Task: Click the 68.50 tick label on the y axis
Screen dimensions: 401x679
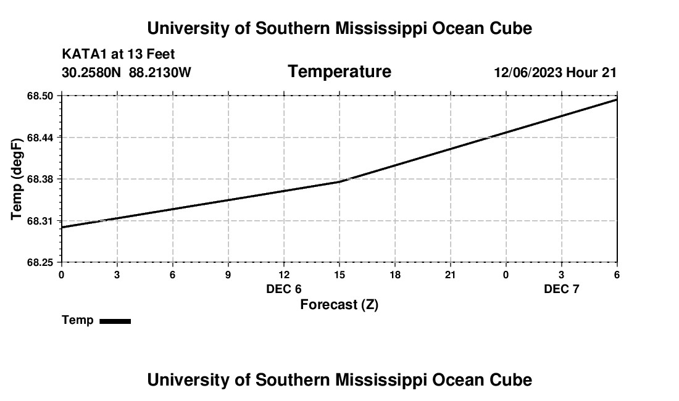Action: click(41, 96)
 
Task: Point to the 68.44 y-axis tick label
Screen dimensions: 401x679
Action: click(41, 137)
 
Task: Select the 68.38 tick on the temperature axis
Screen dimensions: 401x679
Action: click(41, 179)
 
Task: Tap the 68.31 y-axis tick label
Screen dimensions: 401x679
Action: click(41, 221)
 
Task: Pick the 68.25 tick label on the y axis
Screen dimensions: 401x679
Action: click(41, 263)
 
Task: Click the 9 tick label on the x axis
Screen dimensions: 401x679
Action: click(228, 275)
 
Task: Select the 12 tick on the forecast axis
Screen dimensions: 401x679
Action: click(284, 275)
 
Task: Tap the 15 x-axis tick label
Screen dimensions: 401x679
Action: click(339, 275)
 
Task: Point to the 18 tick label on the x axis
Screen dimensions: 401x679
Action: click(395, 275)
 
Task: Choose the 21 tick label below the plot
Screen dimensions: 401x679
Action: click(451, 275)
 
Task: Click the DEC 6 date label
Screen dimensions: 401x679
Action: click(284, 289)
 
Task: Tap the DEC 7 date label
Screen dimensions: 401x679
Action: click(562, 289)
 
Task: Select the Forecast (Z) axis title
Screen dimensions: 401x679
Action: click(339, 305)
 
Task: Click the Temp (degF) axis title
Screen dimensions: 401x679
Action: click(17, 179)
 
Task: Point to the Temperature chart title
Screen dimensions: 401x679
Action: click(339, 72)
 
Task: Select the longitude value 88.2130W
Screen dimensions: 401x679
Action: click(160, 73)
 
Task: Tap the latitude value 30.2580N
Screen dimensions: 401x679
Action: click(91, 73)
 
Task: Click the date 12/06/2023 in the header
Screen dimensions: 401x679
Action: click(528, 73)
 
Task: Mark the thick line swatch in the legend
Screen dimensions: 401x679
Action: click(115, 321)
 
